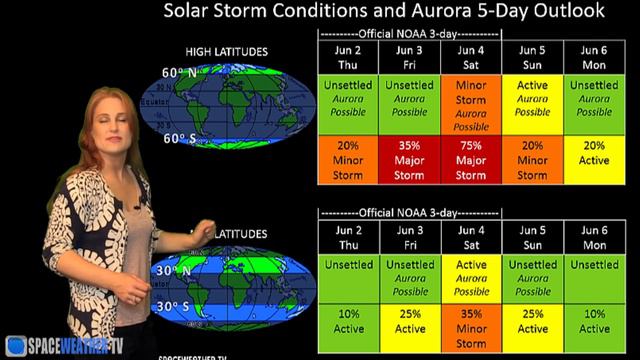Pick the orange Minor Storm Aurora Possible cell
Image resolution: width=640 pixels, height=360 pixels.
click(x=471, y=106)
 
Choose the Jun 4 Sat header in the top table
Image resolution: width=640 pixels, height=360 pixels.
click(x=471, y=56)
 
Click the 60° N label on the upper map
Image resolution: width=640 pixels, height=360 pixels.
click(x=180, y=73)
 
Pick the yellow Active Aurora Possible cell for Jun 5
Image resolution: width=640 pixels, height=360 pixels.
click(x=532, y=99)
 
